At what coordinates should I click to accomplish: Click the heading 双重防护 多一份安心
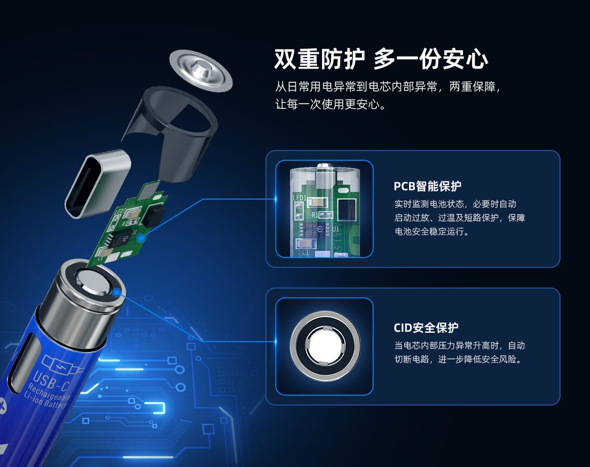pyautogui.click(x=381, y=59)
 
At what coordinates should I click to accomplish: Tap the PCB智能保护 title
pyautogui.click(x=428, y=186)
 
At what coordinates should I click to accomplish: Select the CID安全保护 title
pyautogui.click(x=426, y=328)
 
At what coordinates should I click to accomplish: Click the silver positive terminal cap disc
pyautogui.click(x=201, y=70)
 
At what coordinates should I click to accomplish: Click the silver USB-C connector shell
pyautogui.click(x=98, y=183)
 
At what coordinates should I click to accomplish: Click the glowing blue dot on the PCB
pyautogui.click(x=141, y=238)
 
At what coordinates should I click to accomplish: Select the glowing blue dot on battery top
pyautogui.click(x=117, y=292)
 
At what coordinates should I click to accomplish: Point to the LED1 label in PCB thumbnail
pyautogui.click(x=300, y=198)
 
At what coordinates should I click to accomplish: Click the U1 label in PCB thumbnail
pyautogui.click(x=336, y=229)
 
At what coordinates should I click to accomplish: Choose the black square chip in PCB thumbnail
pyautogui.click(x=346, y=209)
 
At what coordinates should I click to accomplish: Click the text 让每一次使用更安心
pyautogui.click(x=331, y=104)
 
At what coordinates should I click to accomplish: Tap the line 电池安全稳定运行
pyautogui.click(x=432, y=231)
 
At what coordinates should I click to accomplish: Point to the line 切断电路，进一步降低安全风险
pyautogui.click(x=459, y=359)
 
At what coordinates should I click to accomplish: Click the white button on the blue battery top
pyautogui.click(x=94, y=282)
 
